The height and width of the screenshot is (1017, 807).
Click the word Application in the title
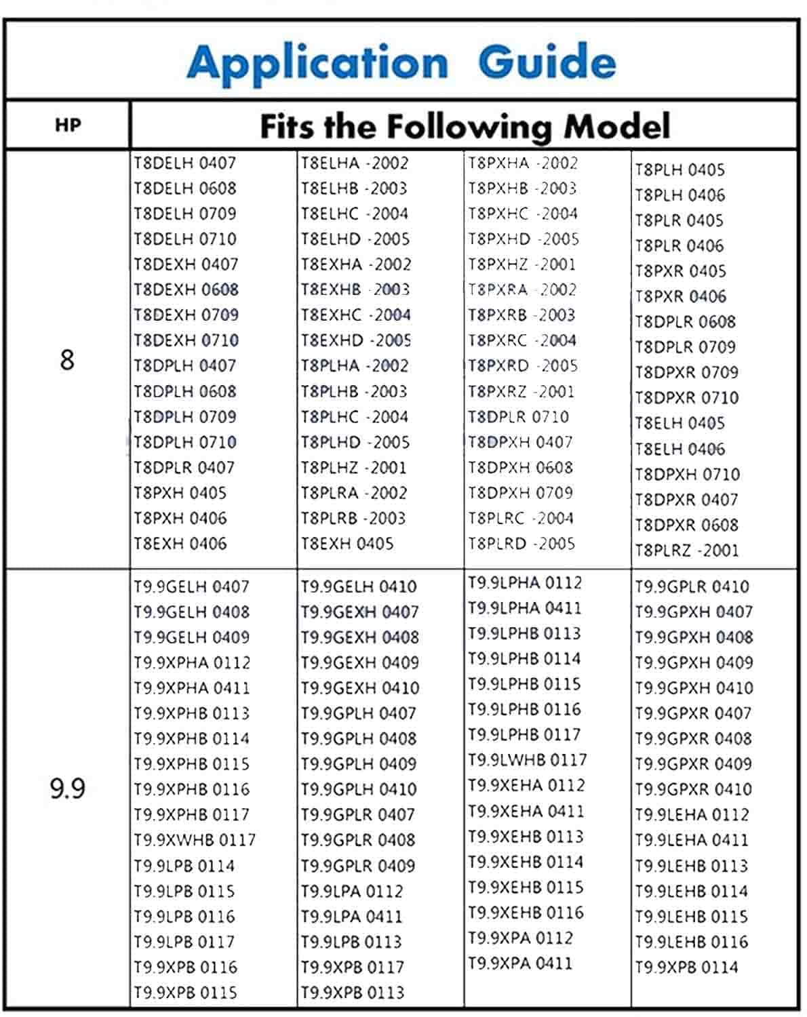point(317,63)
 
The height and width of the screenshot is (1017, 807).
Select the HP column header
point(68,125)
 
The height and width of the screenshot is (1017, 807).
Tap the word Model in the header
point(617,126)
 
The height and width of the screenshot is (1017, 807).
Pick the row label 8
point(66,359)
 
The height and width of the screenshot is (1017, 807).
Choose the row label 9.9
point(67,789)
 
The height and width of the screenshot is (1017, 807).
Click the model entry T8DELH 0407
point(184,163)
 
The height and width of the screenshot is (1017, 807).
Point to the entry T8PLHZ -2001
point(353,468)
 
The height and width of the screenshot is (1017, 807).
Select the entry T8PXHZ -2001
point(521,264)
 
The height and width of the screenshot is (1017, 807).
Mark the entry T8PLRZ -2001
point(686,550)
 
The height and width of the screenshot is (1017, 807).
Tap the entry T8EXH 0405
point(347,544)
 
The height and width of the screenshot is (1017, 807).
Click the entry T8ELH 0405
point(680,423)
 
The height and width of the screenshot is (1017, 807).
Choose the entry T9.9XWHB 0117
point(194,840)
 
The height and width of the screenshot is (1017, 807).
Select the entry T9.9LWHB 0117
point(527,760)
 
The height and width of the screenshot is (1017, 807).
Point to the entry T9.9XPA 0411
point(519,963)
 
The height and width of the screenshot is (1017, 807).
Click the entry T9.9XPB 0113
point(352,993)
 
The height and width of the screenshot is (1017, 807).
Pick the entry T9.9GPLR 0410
point(692,586)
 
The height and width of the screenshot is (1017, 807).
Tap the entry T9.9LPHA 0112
point(524,582)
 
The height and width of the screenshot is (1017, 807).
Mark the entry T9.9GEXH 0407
point(359,612)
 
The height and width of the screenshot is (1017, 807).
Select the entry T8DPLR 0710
point(518,417)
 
